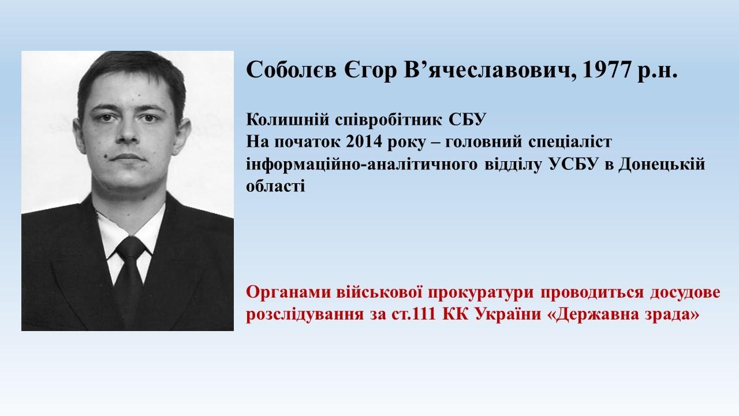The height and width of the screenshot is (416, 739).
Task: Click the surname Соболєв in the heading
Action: point(292,70)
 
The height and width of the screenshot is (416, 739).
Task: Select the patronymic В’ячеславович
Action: point(487,70)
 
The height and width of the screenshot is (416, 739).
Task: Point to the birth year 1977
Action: point(606,70)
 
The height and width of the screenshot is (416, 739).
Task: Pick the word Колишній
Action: point(288,120)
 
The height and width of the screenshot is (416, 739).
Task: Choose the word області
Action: point(275,187)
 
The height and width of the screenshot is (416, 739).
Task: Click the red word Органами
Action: point(288,293)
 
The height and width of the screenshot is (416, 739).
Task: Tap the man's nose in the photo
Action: point(128,132)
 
